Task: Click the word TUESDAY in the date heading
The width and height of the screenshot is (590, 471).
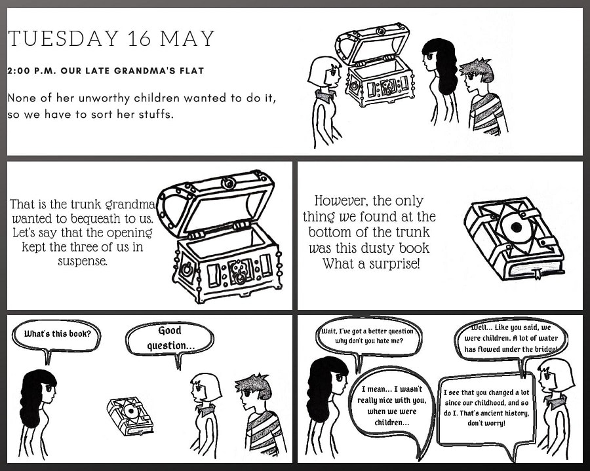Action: click(64, 39)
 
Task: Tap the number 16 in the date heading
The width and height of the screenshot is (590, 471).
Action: click(140, 39)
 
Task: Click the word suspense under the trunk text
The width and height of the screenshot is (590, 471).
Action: click(83, 261)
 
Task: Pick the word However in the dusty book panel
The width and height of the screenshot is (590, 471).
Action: click(341, 201)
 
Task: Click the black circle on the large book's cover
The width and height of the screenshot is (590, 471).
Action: click(517, 227)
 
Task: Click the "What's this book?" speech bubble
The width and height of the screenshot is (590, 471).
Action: click(56, 335)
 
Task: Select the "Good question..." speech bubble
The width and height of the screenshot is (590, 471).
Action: click(170, 338)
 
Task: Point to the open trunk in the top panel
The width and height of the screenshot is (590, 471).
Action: click(375, 65)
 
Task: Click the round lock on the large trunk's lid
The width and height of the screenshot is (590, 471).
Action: click(228, 183)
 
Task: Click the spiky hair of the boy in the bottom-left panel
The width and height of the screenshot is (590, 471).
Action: click(253, 386)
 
